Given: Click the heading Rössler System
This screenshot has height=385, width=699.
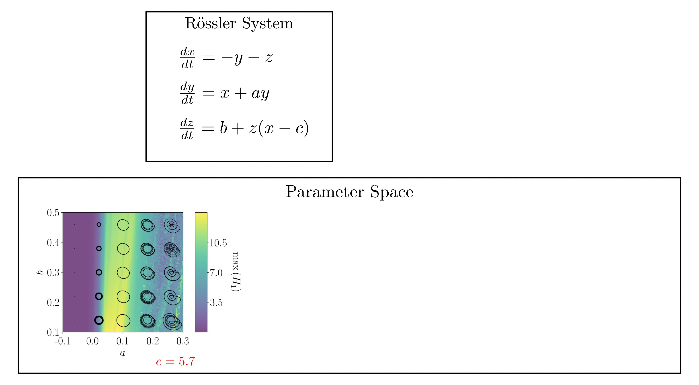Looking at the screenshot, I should point(239,23).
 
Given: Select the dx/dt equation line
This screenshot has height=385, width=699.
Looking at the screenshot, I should point(227,58).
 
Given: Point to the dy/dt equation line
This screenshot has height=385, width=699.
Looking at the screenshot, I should point(225,93).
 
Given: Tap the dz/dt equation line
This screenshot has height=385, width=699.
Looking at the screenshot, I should point(244,128).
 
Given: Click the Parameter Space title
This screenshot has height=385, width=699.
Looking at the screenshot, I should point(349,192).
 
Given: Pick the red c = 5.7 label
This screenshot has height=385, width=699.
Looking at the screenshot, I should point(175,361).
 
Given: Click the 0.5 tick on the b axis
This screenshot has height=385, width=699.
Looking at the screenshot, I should point(53,213).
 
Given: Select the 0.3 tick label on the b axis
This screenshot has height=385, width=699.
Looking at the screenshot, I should point(53,272).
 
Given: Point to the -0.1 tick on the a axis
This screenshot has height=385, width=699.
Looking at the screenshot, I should point(63,341).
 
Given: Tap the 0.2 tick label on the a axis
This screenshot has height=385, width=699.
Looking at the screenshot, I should point(153,341).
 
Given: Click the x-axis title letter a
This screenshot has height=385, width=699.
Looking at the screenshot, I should point(123,353).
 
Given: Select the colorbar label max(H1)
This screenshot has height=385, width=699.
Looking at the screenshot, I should point(236,272).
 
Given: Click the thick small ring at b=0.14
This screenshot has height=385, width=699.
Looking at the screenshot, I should point(99,320).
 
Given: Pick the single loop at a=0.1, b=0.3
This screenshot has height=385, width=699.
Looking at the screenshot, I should point(123,272).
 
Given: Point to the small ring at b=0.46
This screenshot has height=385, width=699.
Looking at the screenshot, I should point(99,225).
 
